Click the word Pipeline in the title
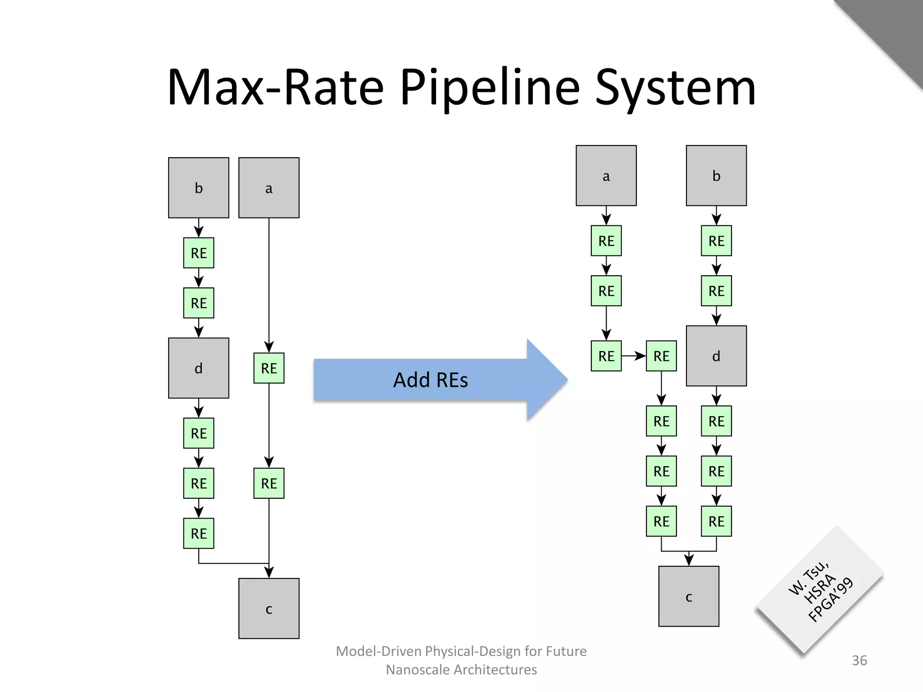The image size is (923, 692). click(x=489, y=88)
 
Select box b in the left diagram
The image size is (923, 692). click(x=198, y=188)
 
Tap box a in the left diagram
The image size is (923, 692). click(x=269, y=188)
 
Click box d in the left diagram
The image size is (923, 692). click(x=198, y=368)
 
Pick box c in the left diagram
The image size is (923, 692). click(x=269, y=608)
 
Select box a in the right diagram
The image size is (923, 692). click(x=606, y=176)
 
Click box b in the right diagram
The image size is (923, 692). click(x=716, y=176)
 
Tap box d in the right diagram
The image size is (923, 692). click(x=716, y=356)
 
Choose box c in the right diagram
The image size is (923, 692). click(x=689, y=596)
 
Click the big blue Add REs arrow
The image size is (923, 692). click(x=430, y=380)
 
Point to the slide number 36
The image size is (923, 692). click(x=859, y=660)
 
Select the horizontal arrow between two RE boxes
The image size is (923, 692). click(x=634, y=356)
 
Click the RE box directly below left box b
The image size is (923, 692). click(x=198, y=253)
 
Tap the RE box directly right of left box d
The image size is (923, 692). click(x=269, y=368)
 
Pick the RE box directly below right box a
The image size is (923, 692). click(x=606, y=241)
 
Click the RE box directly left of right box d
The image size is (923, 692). click(x=661, y=356)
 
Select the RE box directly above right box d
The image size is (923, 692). click(x=716, y=291)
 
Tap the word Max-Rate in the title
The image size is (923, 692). click(x=275, y=88)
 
